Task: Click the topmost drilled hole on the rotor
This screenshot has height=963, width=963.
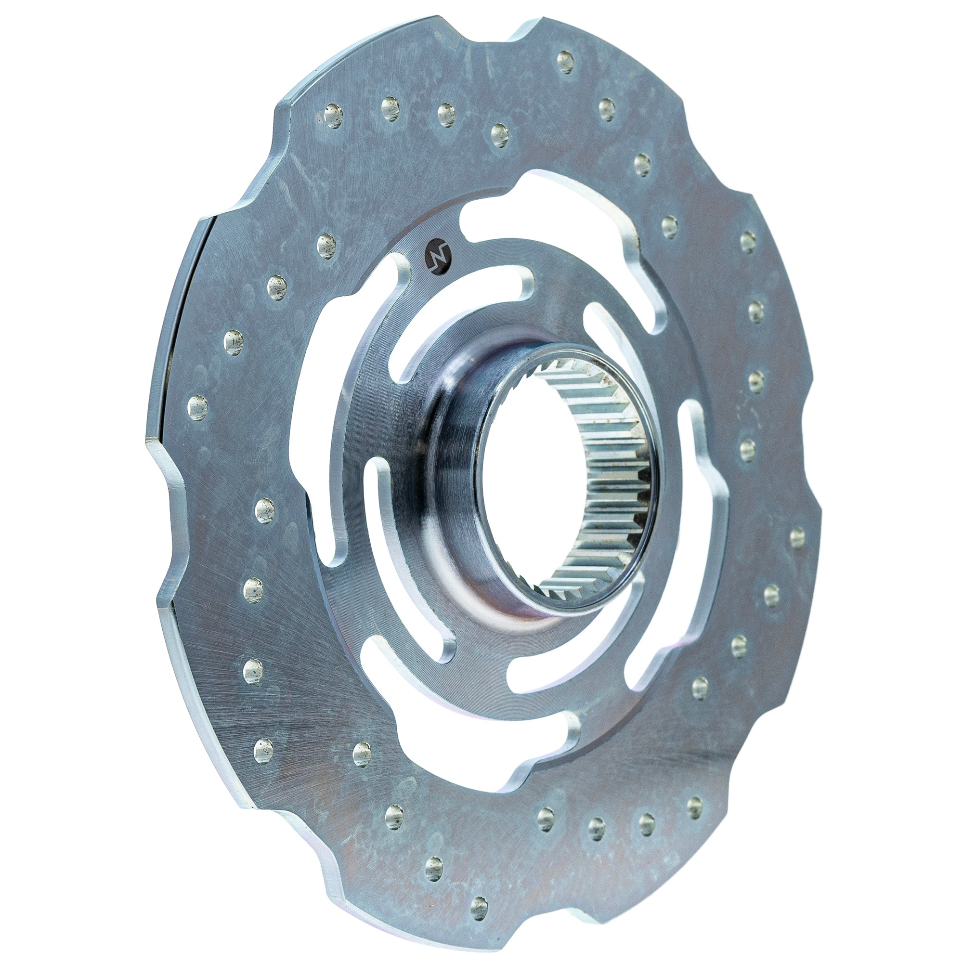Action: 565,62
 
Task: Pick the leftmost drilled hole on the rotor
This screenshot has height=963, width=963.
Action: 197,407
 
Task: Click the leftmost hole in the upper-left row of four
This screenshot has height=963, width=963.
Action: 334,116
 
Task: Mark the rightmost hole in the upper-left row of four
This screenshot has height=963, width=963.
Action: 499,135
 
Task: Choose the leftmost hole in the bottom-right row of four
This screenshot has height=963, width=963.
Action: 546,819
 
